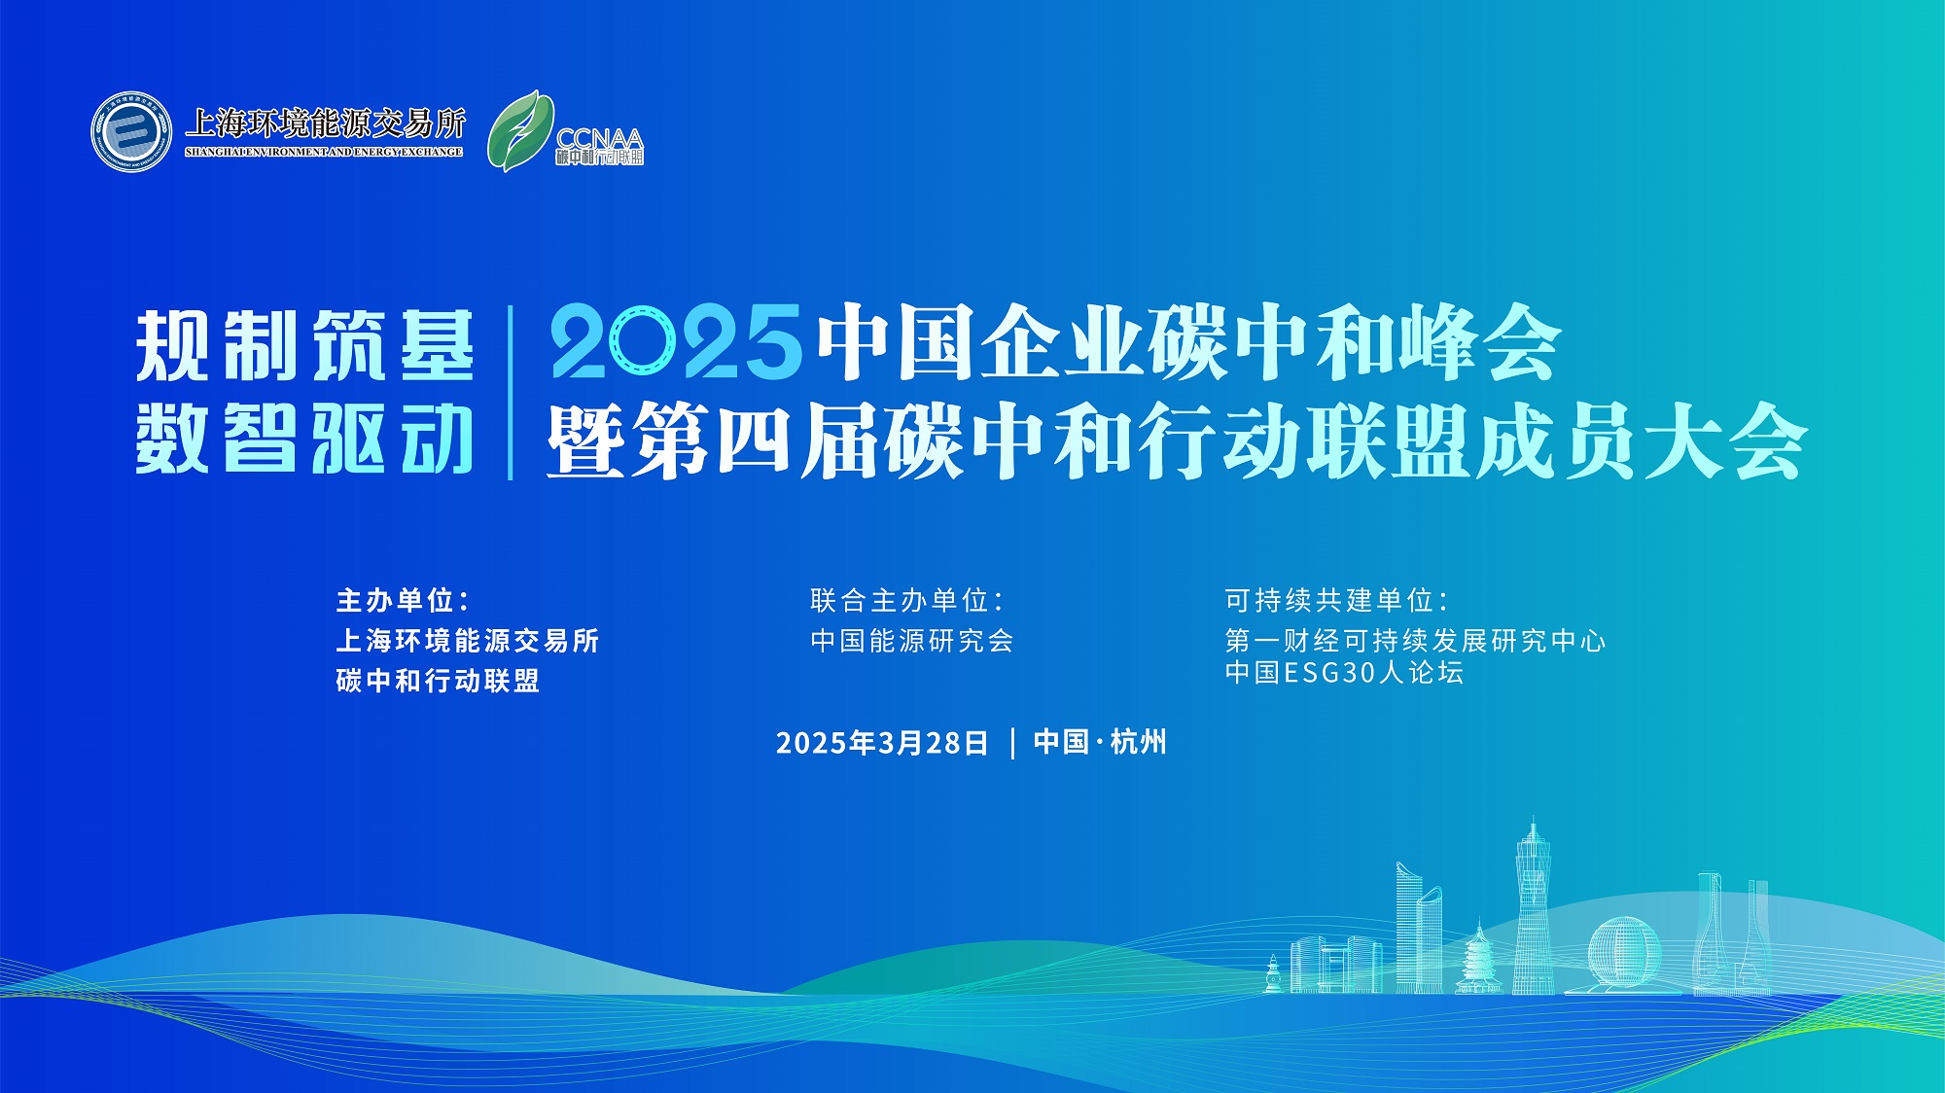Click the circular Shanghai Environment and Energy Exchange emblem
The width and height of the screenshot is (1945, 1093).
131,131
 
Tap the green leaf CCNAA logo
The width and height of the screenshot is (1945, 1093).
520,131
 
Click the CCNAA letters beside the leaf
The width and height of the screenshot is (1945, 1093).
599,139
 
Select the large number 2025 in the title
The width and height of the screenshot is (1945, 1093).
676,342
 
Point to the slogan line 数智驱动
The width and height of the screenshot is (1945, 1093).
304,439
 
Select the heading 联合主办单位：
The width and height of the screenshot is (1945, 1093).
906,600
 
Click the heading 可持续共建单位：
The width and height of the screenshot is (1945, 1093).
1336,600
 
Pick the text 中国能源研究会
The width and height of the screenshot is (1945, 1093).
912,641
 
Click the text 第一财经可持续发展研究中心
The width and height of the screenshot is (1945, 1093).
1415,641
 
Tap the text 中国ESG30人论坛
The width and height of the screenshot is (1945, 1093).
1344,673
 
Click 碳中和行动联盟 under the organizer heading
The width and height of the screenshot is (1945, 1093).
438,681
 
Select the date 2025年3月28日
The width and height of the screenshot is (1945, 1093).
882,743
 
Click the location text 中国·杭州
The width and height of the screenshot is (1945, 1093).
1100,742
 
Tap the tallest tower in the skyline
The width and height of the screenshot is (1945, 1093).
1533,904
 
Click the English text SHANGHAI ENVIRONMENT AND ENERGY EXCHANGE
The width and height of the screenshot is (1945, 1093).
324,153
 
